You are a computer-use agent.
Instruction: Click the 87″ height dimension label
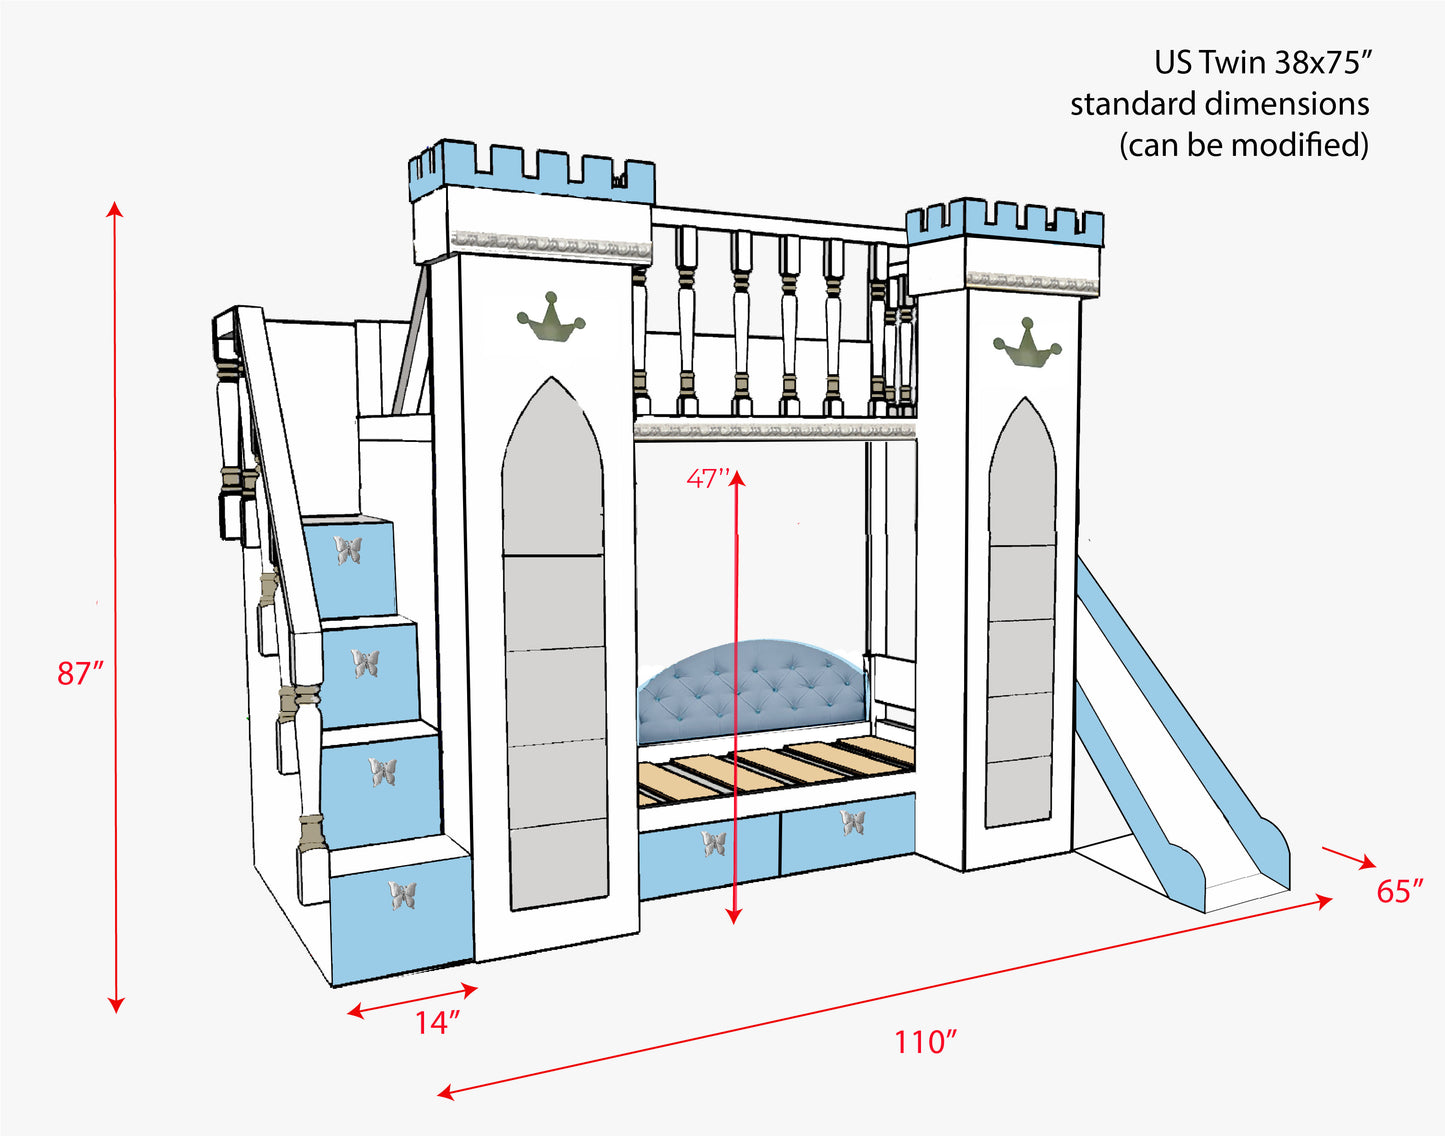(80, 674)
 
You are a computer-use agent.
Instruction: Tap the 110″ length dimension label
(925, 1042)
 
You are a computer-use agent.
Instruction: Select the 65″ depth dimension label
(1399, 891)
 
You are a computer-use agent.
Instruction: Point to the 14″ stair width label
(438, 1023)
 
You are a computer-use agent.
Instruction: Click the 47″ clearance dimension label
(708, 479)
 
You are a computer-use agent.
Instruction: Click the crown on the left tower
(550, 318)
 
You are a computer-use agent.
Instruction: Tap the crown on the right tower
(1026, 342)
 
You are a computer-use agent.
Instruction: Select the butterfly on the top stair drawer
(348, 550)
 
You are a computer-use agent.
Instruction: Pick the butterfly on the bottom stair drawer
(403, 895)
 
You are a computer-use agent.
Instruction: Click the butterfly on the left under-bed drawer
(714, 844)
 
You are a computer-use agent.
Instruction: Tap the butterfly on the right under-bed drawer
(852, 823)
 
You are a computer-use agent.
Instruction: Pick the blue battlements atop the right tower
(1004, 222)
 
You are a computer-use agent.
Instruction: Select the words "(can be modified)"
(1243, 146)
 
